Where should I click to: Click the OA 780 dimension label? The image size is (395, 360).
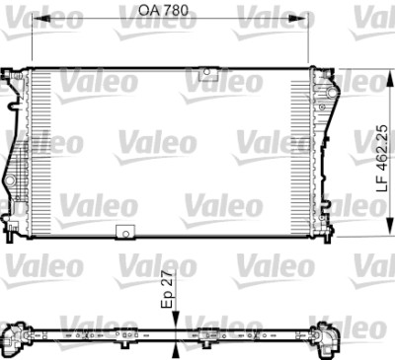163,10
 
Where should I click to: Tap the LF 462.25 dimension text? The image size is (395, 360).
382,158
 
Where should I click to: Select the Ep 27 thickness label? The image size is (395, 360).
167,289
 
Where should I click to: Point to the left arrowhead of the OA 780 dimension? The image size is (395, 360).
41,19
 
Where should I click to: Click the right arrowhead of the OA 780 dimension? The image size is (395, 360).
299,19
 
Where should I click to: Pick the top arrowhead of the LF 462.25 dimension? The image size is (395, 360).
391,78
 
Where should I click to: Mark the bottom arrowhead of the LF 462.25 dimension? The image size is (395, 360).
391,228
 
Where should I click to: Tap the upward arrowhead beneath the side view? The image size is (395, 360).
176,350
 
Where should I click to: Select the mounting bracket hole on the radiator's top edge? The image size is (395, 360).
207,72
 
